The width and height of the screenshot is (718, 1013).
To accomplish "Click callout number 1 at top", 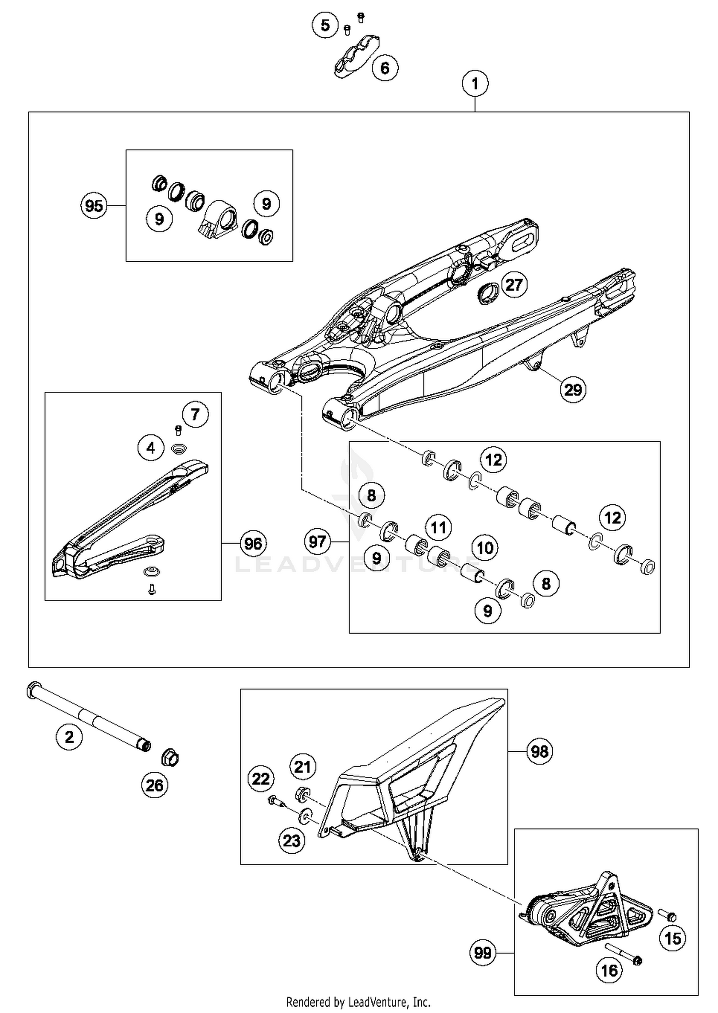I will coord(475,84).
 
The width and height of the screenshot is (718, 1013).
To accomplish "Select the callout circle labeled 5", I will coord(325,25).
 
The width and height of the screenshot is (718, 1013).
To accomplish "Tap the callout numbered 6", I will coord(385,68).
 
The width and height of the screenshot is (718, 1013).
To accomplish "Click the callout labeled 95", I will coord(94,206).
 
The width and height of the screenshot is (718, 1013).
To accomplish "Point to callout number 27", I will coord(514,285).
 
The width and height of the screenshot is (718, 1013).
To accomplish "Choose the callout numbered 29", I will coord(573,390).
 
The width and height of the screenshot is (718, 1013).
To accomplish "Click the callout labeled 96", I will coord(253,544).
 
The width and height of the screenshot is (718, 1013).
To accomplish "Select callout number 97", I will coord(317,542).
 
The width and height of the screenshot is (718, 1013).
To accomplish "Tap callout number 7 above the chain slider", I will coord(195,414).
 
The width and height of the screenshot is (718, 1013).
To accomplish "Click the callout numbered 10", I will coord(485,548).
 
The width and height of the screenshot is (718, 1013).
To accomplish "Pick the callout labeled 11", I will coord(438,527).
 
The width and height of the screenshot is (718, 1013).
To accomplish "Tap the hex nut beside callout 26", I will coord(170,757).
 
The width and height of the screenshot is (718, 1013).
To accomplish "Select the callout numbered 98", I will coord(539,751).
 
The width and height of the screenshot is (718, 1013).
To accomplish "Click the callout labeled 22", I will coord(261,779).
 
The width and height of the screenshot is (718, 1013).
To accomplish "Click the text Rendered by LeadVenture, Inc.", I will coord(358,1002).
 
